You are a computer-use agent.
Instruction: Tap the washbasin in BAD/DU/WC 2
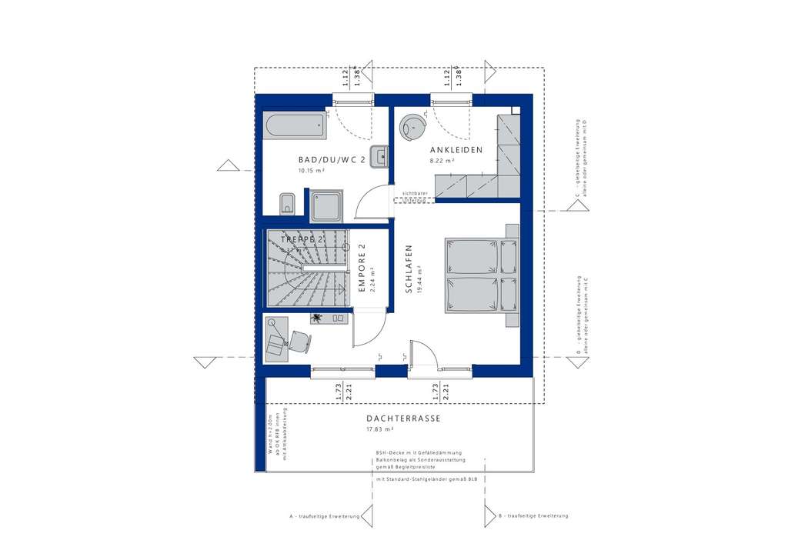click(379, 155)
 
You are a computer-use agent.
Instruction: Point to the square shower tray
click(329, 206)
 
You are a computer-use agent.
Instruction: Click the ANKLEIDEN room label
click(456, 150)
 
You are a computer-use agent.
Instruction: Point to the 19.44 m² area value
click(420, 277)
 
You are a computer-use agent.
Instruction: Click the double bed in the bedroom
click(481, 275)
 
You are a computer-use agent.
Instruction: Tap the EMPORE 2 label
click(361, 268)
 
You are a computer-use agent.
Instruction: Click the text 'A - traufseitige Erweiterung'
click(323, 515)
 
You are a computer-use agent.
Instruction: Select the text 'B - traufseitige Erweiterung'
click(533, 515)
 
